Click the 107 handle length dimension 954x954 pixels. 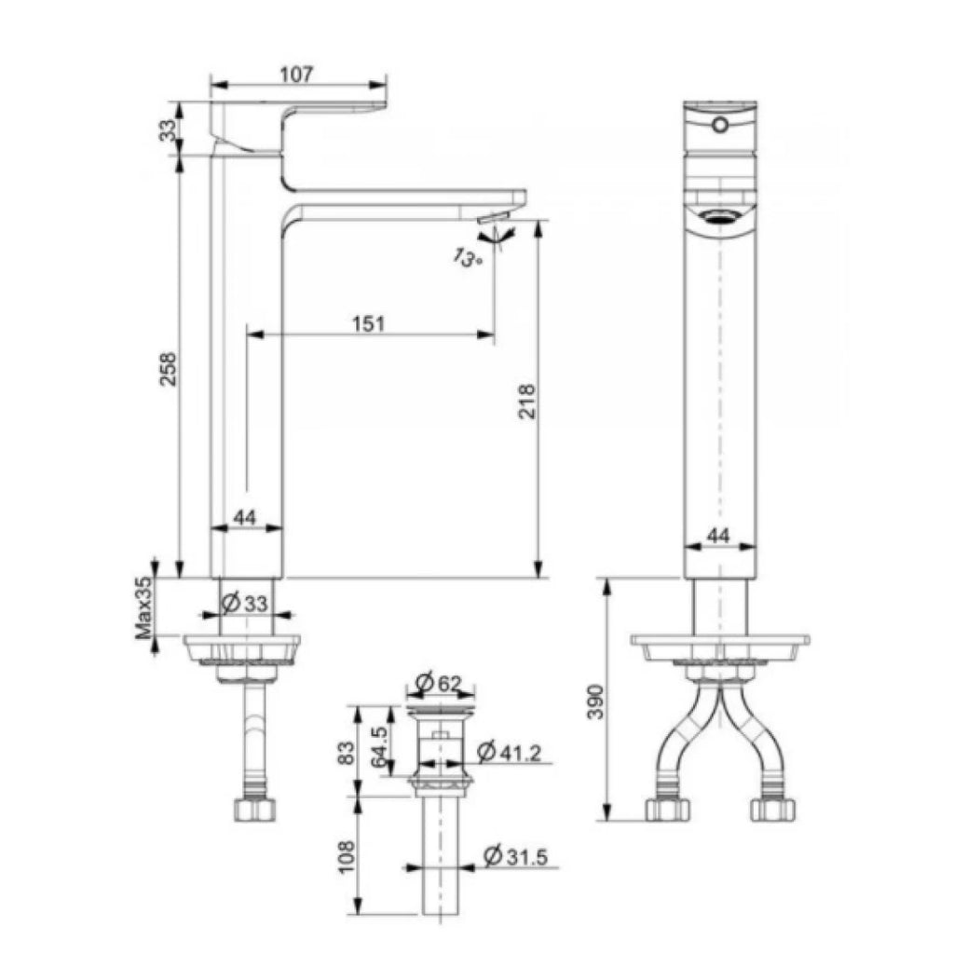coord(296,75)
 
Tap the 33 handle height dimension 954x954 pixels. coord(168,129)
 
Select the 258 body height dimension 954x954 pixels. coord(168,369)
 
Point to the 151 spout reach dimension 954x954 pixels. coord(369,323)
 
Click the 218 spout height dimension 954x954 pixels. coord(527,401)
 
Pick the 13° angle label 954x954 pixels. coord(467,258)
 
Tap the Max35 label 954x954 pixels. coord(144,608)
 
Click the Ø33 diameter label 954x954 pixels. coord(245,604)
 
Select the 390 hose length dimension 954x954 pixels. coord(595,702)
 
